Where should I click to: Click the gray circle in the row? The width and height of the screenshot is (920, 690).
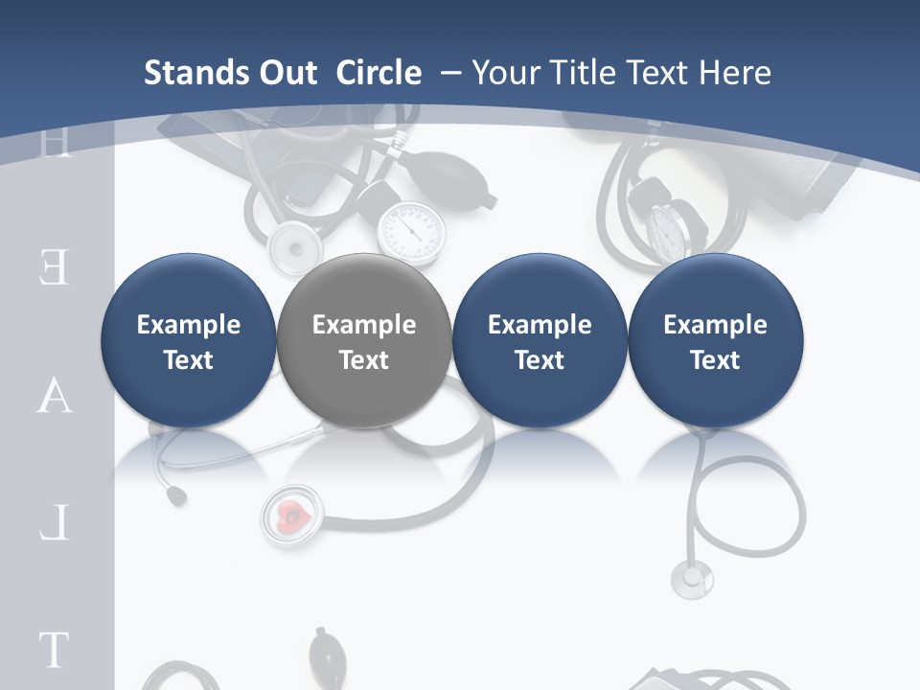click(363, 287)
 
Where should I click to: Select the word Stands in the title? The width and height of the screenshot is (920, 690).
click(196, 73)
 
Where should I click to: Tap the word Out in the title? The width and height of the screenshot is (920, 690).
click(288, 73)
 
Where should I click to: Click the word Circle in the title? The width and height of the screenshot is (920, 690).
click(379, 73)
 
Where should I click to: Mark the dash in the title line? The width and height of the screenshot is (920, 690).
click(450, 73)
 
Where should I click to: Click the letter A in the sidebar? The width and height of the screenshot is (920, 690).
click(54, 397)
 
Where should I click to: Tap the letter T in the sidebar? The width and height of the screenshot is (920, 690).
click(54, 650)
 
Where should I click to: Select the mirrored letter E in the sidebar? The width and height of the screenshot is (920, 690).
click(54, 268)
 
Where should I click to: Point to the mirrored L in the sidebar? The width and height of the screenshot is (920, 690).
click(55, 524)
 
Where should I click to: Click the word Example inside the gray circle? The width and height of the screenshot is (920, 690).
click(364, 325)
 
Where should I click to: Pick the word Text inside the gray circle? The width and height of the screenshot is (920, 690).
click(364, 360)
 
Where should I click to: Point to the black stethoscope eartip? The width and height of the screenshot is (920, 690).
click(175, 495)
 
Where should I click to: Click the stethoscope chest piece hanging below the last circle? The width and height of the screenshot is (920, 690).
click(691, 578)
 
